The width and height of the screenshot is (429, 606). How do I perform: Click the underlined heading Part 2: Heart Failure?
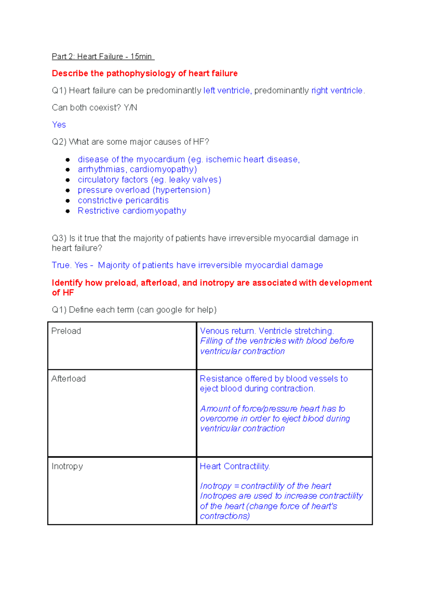103,56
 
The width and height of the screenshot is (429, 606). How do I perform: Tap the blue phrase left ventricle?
227,91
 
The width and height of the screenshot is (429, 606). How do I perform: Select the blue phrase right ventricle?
337,91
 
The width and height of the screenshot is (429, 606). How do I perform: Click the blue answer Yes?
59,125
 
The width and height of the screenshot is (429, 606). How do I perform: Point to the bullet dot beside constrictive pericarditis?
68,201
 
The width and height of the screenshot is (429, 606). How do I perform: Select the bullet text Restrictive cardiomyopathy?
132,211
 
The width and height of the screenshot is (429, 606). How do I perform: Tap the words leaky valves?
193,180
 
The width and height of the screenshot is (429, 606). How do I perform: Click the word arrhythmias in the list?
101,170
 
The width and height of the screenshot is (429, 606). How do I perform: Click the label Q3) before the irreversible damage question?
59,238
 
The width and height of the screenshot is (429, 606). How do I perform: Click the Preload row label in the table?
66,331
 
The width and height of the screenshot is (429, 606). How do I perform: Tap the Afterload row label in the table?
68,379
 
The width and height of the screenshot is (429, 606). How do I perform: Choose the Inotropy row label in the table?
67,466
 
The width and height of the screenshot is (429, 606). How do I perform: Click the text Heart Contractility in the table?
235,466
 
